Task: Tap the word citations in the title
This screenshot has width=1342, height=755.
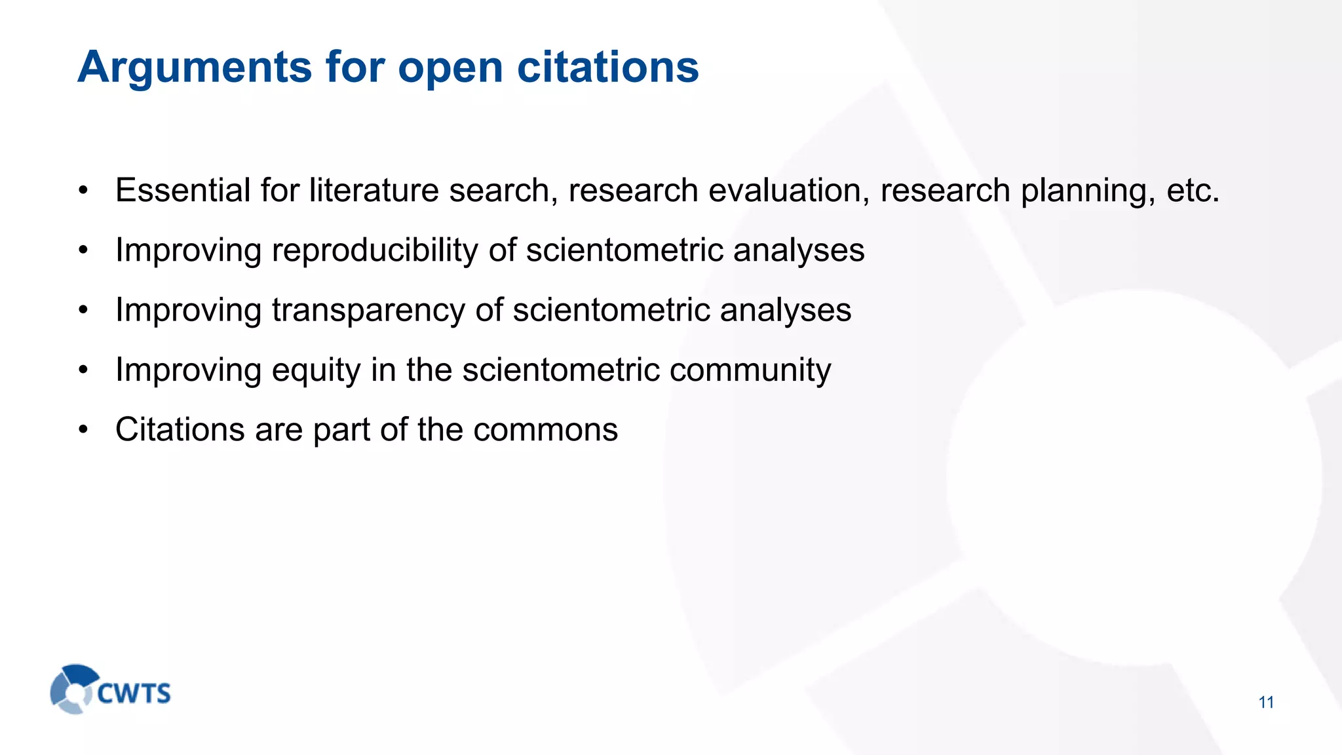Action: [x=607, y=67]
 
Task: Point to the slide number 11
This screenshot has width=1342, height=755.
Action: [x=1266, y=703]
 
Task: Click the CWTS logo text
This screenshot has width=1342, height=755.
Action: [x=134, y=693]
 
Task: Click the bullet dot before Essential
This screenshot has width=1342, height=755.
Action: [x=83, y=191]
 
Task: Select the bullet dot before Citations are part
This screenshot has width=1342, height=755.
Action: [x=83, y=431]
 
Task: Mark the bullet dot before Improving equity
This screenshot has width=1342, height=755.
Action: [x=83, y=371]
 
